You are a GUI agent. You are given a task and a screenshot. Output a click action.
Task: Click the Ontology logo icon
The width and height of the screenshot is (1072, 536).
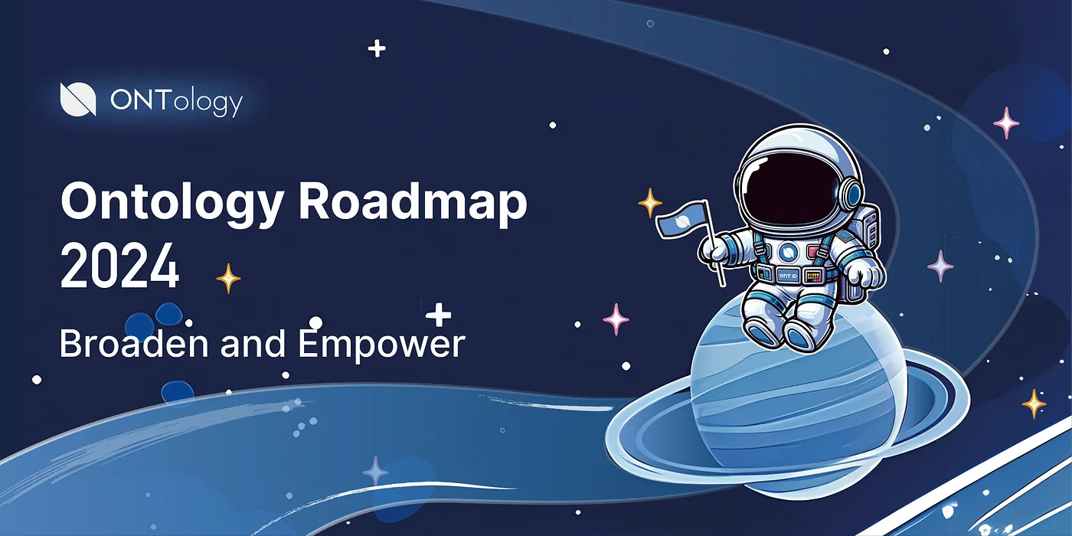coord(78,100)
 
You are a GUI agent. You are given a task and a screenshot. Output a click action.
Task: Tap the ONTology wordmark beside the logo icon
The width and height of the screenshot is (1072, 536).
coord(176,102)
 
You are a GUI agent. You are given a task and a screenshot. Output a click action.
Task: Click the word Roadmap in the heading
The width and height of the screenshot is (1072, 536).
coord(413,202)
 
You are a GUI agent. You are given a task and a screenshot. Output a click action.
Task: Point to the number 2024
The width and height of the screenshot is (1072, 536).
coord(120,266)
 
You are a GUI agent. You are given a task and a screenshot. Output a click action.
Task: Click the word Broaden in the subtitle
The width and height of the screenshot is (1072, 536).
coord(135,343)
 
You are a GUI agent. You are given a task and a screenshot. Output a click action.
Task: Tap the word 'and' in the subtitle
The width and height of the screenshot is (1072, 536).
coord(253,343)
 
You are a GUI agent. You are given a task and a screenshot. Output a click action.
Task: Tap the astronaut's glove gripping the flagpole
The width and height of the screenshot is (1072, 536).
coord(713,249)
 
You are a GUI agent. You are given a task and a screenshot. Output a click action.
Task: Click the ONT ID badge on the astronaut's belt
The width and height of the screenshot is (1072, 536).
coord(787,276)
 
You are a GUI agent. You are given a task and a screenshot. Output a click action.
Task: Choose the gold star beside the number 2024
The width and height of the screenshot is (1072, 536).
coord(228,278)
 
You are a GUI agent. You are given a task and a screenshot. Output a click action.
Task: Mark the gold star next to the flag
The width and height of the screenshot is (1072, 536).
coord(650,203)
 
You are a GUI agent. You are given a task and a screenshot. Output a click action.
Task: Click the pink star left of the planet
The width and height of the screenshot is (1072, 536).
coord(616,319)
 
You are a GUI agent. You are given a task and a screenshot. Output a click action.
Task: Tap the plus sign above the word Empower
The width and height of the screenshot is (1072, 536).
coord(438,315)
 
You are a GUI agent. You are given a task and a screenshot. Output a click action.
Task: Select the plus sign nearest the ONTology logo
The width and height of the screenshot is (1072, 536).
coord(377,49)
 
